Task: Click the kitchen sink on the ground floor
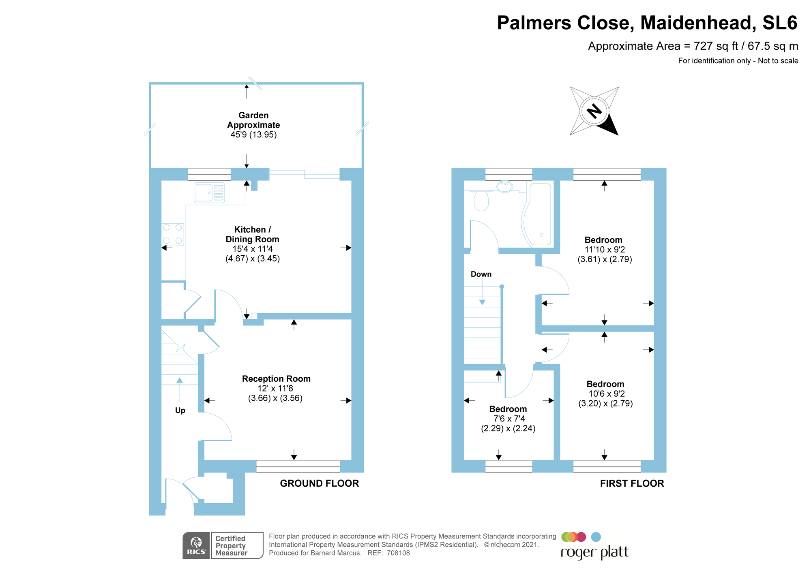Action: (210, 192)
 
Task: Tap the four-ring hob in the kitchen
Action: (172, 235)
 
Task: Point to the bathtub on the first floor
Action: (536, 214)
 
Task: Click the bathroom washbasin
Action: (505, 186)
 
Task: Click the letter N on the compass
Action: (594, 111)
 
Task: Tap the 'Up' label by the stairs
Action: (180, 411)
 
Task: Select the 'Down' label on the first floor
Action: (481, 274)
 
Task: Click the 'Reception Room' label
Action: (276, 379)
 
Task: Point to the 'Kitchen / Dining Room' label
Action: (252, 235)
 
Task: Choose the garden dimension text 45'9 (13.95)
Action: (253, 135)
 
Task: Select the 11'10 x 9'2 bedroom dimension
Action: (605, 250)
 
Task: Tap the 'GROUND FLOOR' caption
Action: (320, 483)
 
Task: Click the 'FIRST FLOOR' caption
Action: (632, 483)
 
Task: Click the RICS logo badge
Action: (196, 545)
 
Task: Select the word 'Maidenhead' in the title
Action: (698, 23)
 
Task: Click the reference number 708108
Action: (398, 553)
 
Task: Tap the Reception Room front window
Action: (298, 466)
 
